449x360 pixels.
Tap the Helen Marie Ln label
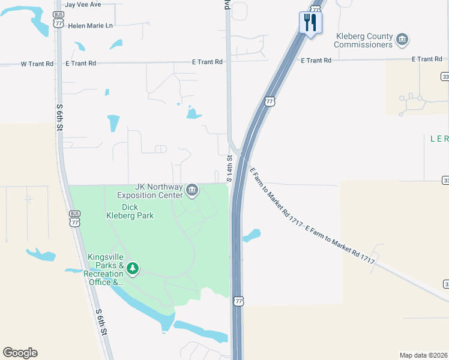tap(91, 26)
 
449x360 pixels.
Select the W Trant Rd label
tap(37, 63)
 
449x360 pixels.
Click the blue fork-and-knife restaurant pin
tap(310, 23)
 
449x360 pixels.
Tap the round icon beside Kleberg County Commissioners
tap(402, 40)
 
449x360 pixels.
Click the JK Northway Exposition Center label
tap(149, 191)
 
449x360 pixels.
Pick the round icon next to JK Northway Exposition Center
tap(191, 191)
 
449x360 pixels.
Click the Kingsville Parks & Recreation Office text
tap(106, 269)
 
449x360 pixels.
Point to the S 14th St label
tap(229, 169)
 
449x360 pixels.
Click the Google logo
tap(20, 353)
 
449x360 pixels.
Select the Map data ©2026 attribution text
tap(423, 355)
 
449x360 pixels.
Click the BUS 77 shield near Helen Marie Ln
tap(58, 20)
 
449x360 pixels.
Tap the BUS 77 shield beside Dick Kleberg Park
tap(74, 218)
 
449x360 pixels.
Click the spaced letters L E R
tap(439, 139)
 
